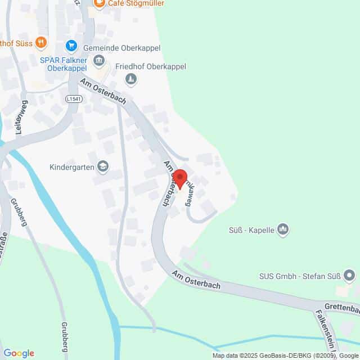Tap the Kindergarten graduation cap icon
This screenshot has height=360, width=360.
pos(103,166)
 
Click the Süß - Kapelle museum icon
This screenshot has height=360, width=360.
pos(283,229)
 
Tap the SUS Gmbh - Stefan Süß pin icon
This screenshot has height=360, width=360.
pos(349,276)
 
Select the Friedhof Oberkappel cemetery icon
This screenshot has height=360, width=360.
pos(131,80)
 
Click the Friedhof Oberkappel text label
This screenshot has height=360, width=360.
pos(150,66)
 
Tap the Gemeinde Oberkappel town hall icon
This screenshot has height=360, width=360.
pos(100,60)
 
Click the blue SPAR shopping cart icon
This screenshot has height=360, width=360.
pos(71,45)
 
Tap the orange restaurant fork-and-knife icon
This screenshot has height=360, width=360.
pos(40,42)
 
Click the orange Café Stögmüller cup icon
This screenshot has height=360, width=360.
pos(99,3)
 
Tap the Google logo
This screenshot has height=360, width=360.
pos(19,353)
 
